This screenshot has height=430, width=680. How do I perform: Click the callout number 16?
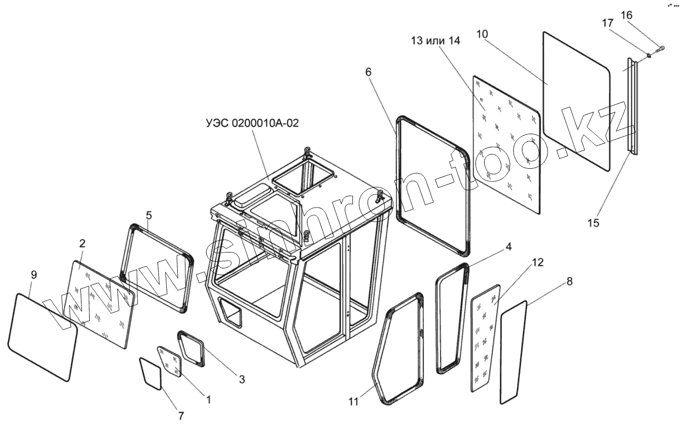[x=627, y=15]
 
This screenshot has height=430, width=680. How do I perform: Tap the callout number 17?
[x=608, y=24]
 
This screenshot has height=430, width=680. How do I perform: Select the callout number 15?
[x=594, y=223]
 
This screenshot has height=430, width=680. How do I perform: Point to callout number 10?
[x=482, y=33]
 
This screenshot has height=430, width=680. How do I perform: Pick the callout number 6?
[x=368, y=72]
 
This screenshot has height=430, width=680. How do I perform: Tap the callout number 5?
[x=149, y=215]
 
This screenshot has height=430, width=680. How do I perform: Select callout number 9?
[x=33, y=274]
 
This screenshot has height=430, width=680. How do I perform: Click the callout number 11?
[x=353, y=402]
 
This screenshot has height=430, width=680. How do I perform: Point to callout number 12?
[x=537, y=262]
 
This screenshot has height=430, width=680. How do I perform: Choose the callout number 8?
[x=569, y=282]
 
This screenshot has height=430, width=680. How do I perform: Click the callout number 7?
[x=181, y=416]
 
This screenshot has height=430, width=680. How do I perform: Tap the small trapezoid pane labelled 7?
[x=151, y=373]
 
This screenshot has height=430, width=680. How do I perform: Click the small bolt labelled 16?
[x=661, y=49]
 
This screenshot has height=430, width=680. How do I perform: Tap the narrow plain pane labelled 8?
[x=513, y=353]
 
